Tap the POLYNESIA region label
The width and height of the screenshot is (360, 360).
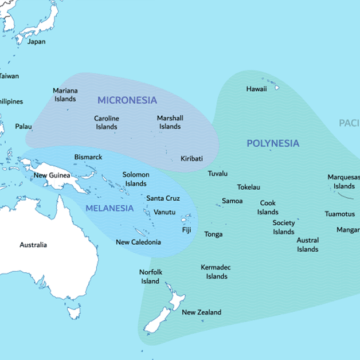point(273,143)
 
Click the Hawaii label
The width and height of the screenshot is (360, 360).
point(257,89)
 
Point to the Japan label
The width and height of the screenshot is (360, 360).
point(36,42)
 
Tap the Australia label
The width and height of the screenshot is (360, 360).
point(33,245)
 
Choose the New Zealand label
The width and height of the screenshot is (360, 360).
point(202,313)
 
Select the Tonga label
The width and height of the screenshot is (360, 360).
point(213,234)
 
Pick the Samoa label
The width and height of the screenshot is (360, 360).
point(232,200)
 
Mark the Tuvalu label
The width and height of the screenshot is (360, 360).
point(217,174)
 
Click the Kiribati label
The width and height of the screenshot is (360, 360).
point(191,158)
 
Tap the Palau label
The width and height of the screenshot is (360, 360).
point(24,127)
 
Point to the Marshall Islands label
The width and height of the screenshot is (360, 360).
point(170,123)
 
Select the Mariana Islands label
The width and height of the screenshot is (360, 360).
point(65,94)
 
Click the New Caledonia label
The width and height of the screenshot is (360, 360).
point(139,242)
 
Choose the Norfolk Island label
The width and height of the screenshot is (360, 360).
point(150,276)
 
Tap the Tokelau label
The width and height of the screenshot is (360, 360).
point(248,187)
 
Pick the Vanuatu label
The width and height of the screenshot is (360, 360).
point(165,212)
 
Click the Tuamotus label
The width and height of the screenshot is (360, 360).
point(340,213)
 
